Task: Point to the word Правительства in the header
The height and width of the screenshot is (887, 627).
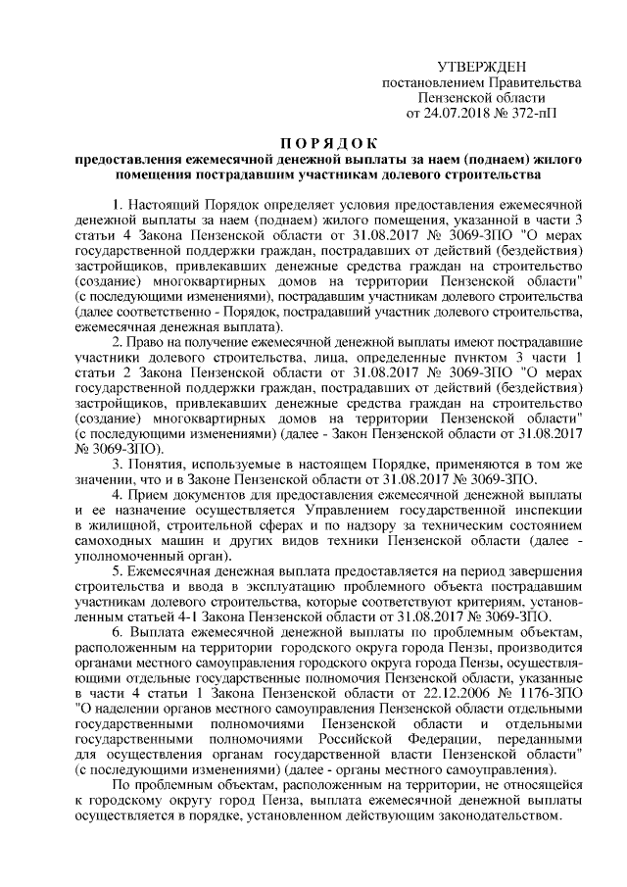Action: click(531, 82)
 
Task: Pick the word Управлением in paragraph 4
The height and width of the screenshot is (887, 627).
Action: click(364, 511)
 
